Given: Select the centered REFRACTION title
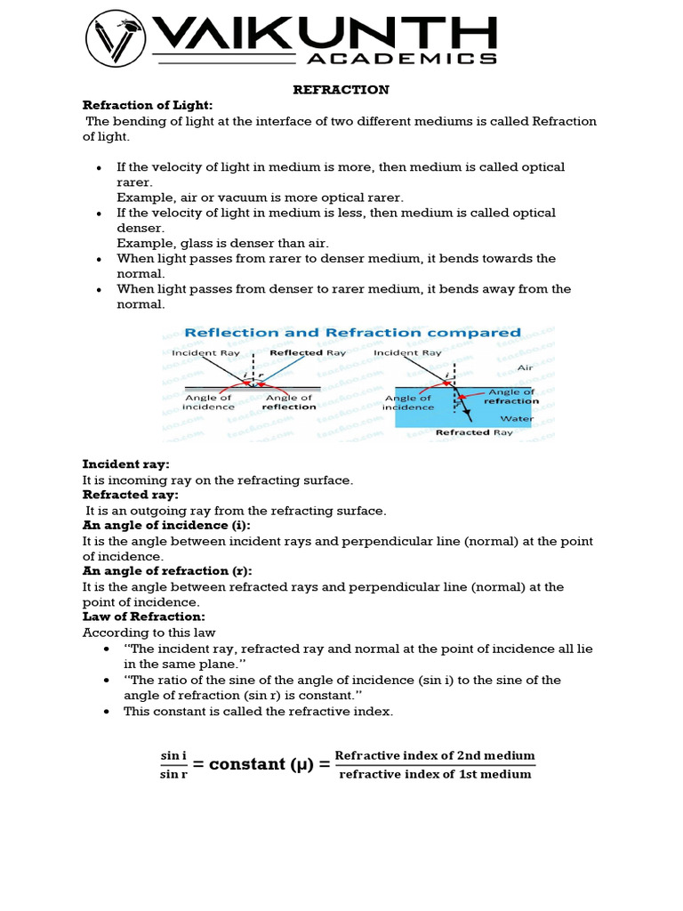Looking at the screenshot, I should pyautogui.click(x=341, y=90).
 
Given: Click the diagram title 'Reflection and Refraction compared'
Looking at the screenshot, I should pyautogui.click(x=352, y=333).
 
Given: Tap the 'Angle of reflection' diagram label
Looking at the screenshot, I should pyautogui.click(x=290, y=402).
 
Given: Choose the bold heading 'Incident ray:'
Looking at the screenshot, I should pyautogui.click(x=125, y=464).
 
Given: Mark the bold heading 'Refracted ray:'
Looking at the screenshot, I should pyautogui.click(x=131, y=495).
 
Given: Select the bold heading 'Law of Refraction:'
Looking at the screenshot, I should pyautogui.click(x=144, y=617).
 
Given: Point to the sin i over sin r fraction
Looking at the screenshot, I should pyautogui.click(x=173, y=764).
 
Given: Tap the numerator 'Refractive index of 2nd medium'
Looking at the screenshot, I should pyautogui.click(x=435, y=755).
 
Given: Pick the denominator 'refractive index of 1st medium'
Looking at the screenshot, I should pyautogui.click(x=435, y=774).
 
